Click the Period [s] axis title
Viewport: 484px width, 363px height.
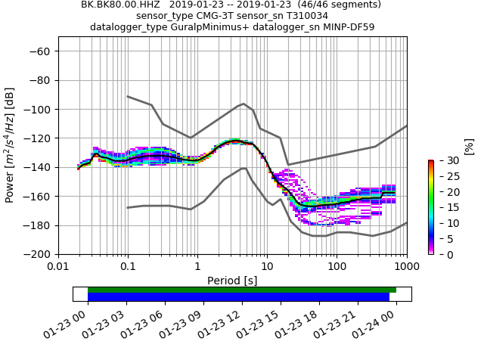(232, 281)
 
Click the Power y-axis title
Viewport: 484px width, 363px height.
(10, 145)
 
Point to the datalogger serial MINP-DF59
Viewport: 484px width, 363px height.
(342, 27)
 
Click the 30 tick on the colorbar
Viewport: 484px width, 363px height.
(443, 160)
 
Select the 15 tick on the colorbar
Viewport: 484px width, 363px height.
(443, 207)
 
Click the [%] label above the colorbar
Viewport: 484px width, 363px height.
(469, 145)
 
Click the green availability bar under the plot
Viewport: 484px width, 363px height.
(242, 290)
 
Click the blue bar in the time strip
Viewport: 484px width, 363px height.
(238, 297)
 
